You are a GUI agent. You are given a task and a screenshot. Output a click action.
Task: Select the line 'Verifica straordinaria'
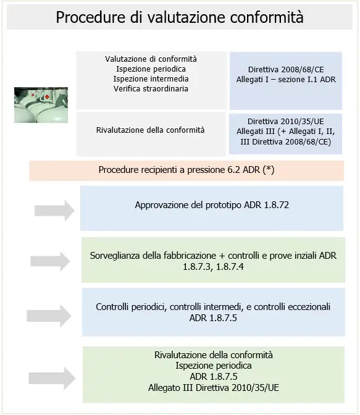pyautogui.click(x=151, y=89)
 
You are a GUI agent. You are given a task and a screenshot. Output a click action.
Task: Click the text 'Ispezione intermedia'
pyautogui.click(x=151, y=79)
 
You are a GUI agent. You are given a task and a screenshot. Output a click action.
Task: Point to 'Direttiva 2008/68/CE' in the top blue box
pyautogui.click(x=285, y=70)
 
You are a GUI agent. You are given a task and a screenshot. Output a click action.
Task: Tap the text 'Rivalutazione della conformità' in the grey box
pyautogui.click(x=151, y=130)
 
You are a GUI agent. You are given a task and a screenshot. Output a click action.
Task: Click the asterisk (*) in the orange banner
pyautogui.click(x=269, y=169)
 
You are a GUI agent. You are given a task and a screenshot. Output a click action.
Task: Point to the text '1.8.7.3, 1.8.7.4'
pyautogui.click(x=213, y=266)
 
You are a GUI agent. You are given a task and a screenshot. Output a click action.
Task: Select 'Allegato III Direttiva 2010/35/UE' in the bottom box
pyautogui.click(x=214, y=387)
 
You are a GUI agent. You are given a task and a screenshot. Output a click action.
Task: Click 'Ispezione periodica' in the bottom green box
pyautogui.click(x=214, y=366)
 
